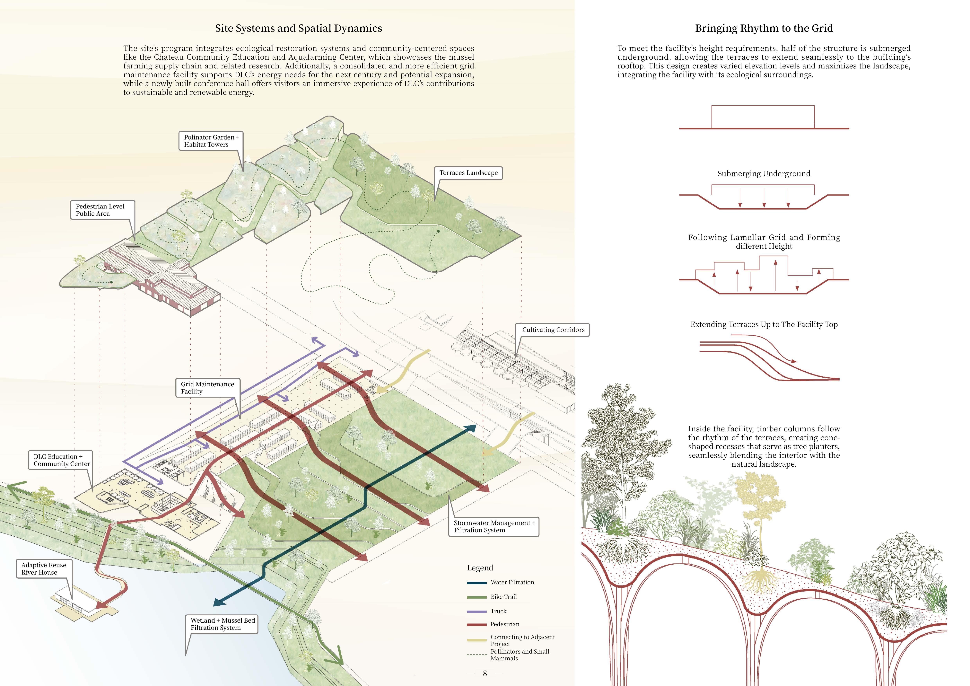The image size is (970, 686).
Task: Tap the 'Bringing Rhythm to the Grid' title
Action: pyautogui.click(x=764, y=28)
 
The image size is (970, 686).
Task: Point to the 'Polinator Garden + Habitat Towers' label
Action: pyautogui.click(x=211, y=141)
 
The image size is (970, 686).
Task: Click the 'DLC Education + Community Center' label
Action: pyautogui.click(x=62, y=460)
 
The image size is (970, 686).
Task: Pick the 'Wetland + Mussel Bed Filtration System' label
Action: pyautogui.click(x=222, y=624)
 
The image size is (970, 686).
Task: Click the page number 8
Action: pyautogui.click(x=485, y=673)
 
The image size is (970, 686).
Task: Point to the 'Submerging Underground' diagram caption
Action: pyautogui.click(x=764, y=174)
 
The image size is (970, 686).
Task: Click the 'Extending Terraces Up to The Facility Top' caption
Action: pyautogui.click(x=764, y=324)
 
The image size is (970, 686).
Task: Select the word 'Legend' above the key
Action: pyautogui.click(x=480, y=568)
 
